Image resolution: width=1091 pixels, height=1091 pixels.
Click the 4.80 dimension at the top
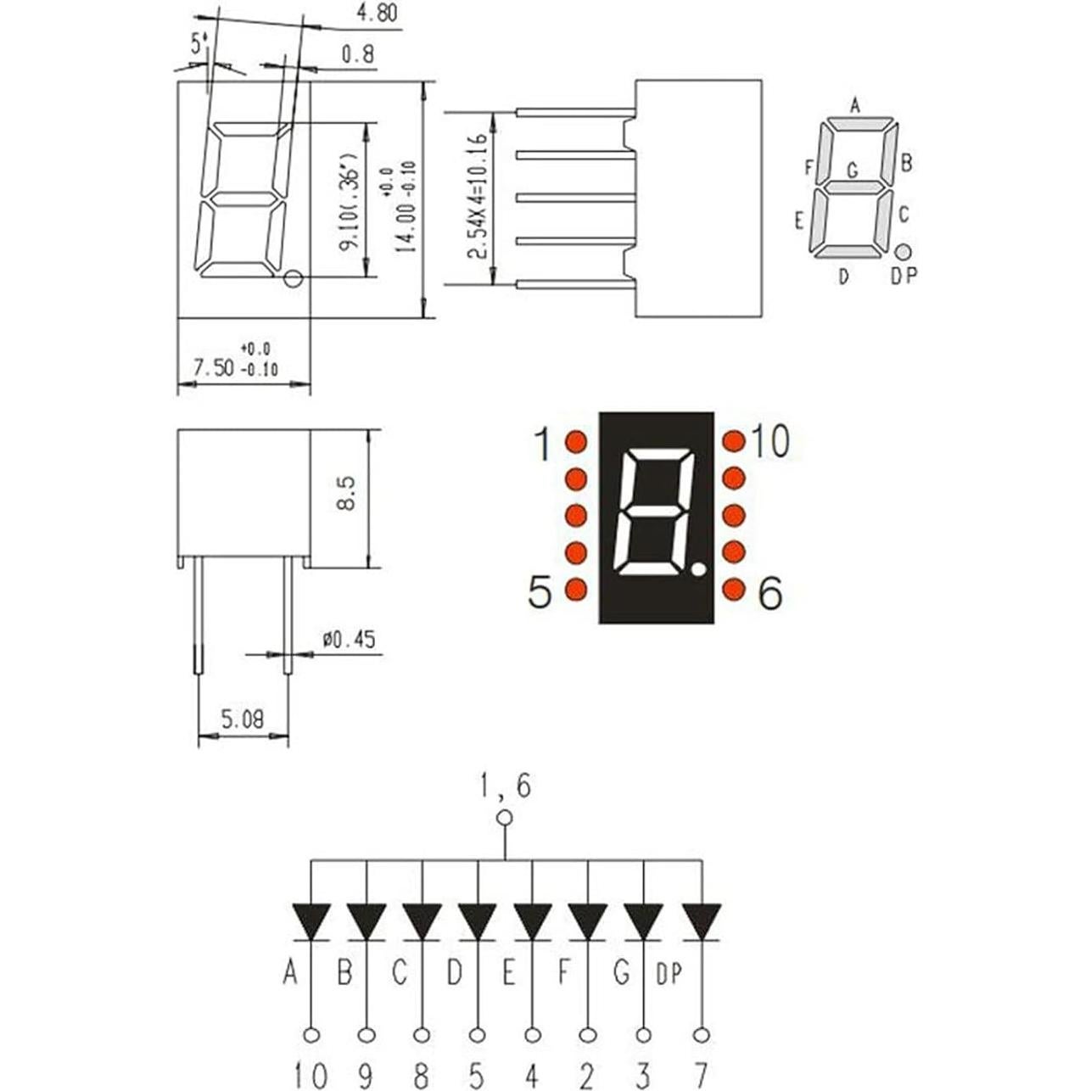[x=377, y=14]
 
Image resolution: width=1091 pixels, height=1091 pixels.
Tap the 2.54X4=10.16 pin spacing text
[x=480, y=197]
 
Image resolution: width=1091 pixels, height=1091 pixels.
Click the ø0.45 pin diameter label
[x=349, y=640]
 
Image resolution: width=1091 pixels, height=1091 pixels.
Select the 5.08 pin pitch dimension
[x=243, y=720]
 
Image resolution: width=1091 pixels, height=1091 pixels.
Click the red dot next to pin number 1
[x=576, y=442]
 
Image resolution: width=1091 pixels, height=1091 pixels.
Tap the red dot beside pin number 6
[x=734, y=589]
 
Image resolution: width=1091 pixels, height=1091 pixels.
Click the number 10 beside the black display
[x=769, y=442]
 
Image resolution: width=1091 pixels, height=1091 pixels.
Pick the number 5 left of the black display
[x=540, y=592]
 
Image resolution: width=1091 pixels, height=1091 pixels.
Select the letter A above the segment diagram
[x=855, y=106]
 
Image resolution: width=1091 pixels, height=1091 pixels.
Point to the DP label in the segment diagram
[x=904, y=276]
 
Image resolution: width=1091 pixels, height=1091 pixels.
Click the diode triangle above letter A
[x=311, y=921]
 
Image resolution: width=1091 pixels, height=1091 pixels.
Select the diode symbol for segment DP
[x=701, y=921]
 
